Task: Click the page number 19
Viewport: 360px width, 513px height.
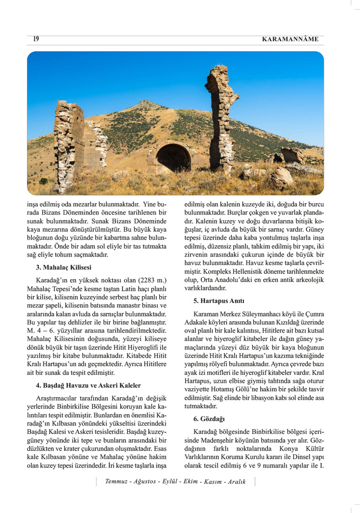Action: [x=36, y=39]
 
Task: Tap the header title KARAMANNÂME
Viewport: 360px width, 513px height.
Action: [x=290, y=39]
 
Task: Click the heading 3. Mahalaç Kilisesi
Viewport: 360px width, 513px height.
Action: [x=66, y=267]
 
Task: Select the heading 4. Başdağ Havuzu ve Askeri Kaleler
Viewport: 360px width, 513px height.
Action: [x=88, y=385]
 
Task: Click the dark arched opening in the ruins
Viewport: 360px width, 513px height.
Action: [x=173, y=158]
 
